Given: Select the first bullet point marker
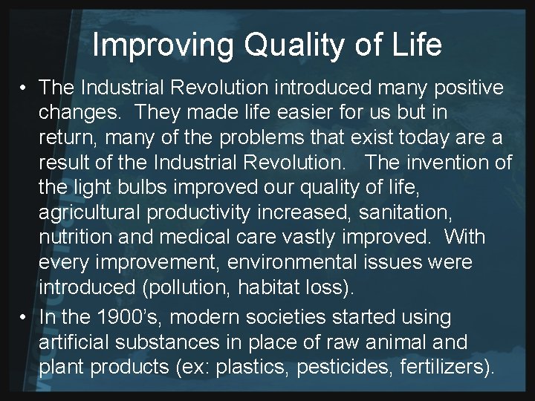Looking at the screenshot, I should pyautogui.click(x=25, y=88).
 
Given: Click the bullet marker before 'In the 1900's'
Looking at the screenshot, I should pyautogui.click(x=25, y=317).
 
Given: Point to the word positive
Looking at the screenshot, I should pyautogui.click(x=461, y=88).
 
